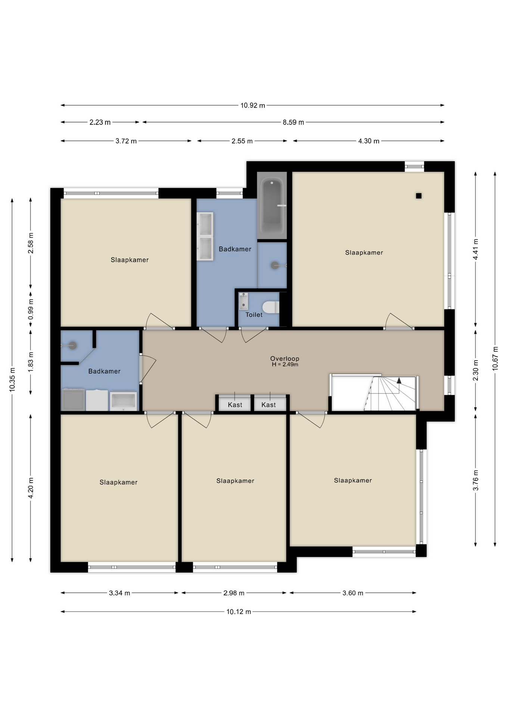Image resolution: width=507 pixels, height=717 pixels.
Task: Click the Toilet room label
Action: (x=254, y=315)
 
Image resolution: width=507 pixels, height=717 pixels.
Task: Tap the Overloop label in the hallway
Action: (x=285, y=358)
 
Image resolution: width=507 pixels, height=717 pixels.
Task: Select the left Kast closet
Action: (x=235, y=403)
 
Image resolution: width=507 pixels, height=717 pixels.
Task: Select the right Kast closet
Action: (x=269, y=403)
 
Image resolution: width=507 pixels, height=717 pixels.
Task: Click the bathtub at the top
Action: (x=272, y=206)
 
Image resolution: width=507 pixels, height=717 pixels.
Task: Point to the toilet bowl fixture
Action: (x=271, y=307)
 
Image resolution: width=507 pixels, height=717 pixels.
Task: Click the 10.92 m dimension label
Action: (x=253, y=105)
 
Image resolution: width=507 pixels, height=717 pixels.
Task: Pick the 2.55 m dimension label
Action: (x=242, y=141)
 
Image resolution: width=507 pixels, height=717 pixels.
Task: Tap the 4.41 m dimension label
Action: (x=476, y=249)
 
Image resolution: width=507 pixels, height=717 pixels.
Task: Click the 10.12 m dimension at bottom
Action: (x=239, y=612)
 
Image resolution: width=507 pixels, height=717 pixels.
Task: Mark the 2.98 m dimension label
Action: (x=234, y=593)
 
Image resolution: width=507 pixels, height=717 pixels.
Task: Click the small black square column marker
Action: (x=419, y=196)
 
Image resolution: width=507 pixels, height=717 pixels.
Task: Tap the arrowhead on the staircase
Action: (x=399, y=381)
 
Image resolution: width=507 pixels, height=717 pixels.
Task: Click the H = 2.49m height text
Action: (x=285, y=364)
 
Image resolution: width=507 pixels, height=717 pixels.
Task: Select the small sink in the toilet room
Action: (x=243, y=301)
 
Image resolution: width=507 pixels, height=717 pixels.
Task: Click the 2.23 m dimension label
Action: (x=100, y=122)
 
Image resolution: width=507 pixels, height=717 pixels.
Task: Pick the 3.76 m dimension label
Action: (x=476, y=481)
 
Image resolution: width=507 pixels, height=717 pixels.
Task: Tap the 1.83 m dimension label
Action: (x=31, y=361)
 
